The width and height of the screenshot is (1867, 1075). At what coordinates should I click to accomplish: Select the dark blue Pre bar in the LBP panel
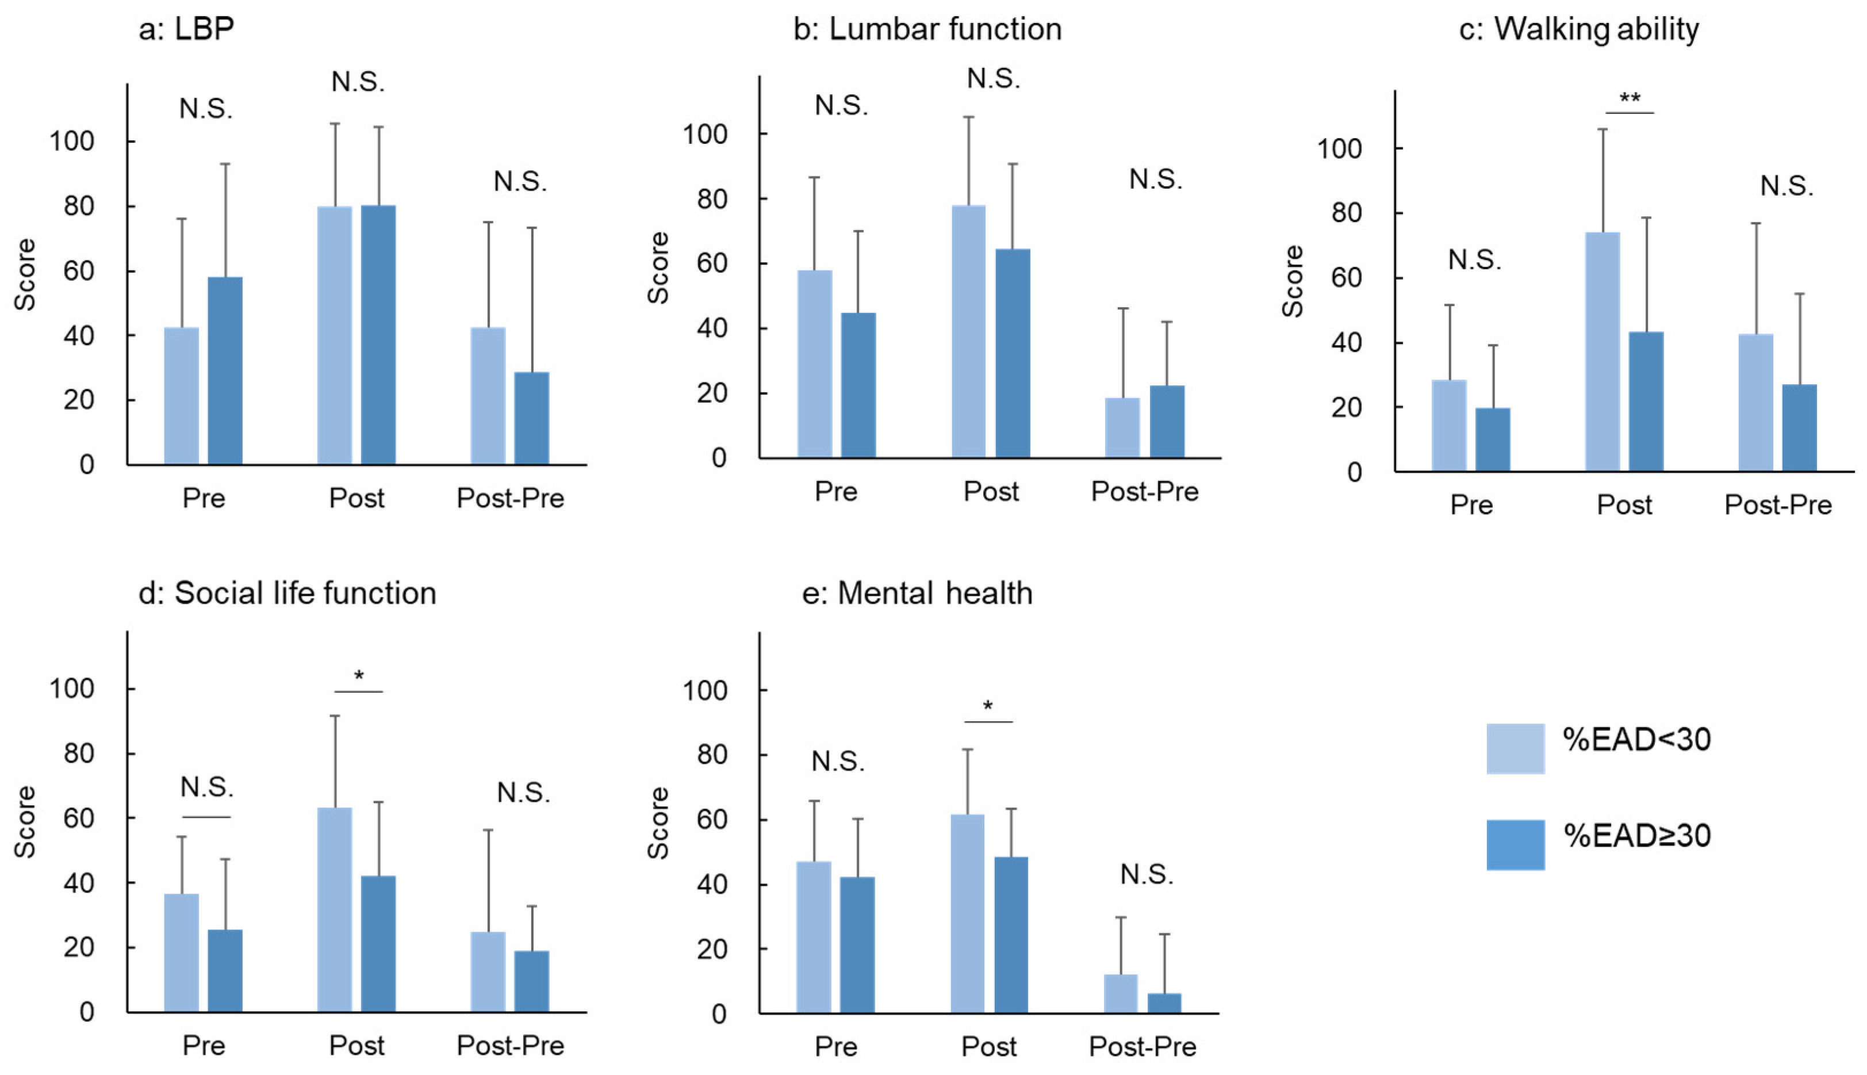coord(224,370)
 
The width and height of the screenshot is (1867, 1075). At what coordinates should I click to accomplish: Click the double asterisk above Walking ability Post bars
coord(1630,99)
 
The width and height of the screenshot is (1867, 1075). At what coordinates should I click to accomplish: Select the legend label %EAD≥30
coord(1637,836)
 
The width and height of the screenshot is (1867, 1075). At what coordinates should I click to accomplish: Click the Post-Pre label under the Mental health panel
coord(1143,1046)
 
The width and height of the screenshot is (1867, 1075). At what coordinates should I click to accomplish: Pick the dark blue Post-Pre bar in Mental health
coord(1164,1003)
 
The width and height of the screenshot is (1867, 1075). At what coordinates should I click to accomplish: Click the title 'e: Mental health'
coord(917,594)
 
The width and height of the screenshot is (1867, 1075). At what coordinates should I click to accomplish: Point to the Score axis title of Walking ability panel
coord(1292,281)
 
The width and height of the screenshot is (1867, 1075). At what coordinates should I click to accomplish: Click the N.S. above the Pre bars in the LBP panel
coord(206,109)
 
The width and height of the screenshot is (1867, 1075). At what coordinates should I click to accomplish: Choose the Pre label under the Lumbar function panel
coord(835,492)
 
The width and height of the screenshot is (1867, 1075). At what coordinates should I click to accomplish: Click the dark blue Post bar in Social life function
coord(378,944)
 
